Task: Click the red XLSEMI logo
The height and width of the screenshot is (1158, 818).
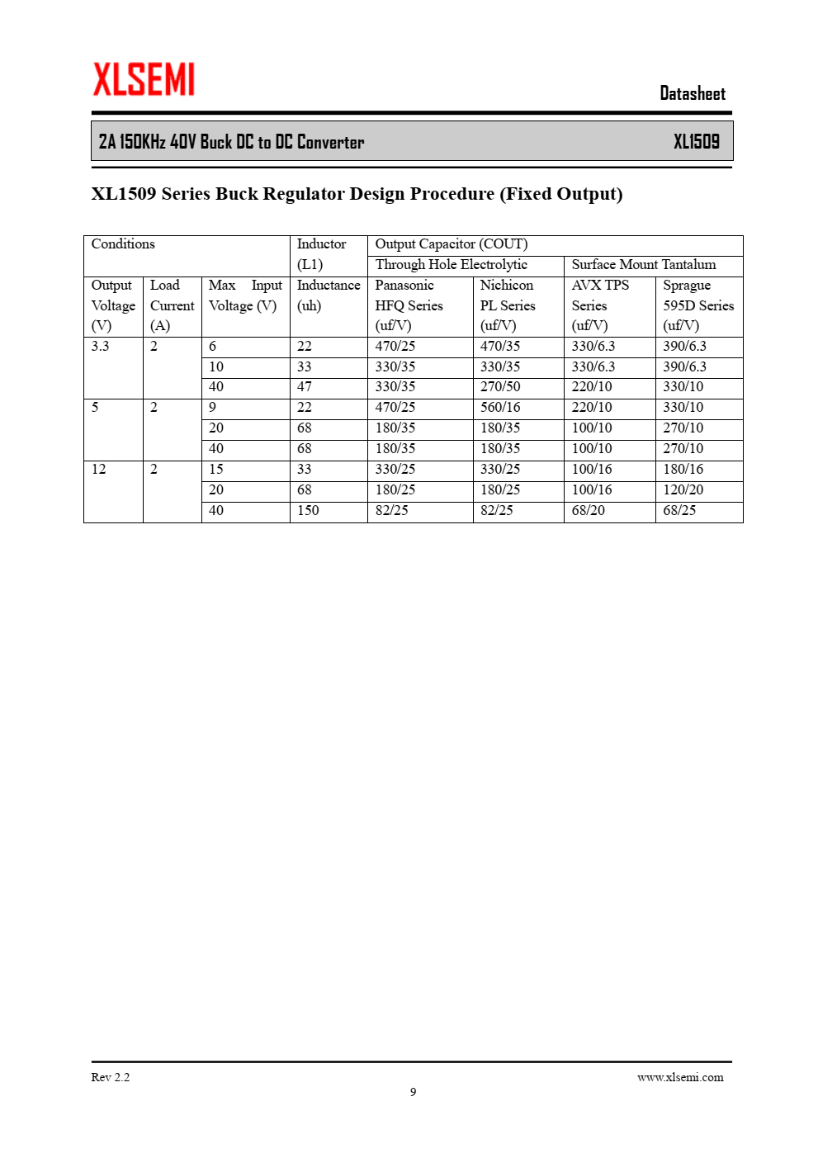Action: coord(144,79)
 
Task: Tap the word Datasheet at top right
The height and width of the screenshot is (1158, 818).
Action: coord(692,93)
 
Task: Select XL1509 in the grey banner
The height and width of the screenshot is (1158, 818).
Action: coord(696,142)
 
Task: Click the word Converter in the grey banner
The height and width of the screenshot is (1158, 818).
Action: coord(330,142)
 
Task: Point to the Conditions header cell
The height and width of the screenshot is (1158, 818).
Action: coord(123,244)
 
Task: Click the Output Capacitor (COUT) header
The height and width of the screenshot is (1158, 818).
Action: coord(451,244)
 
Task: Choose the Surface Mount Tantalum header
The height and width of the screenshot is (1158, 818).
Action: coord(643,265)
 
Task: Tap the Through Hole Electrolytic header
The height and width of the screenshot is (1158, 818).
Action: coord(451,265)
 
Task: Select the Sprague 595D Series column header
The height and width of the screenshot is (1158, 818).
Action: coord(697,305)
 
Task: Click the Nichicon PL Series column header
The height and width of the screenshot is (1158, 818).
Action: coord(508,305)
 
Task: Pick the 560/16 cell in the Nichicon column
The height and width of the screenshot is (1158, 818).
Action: coord(500,408)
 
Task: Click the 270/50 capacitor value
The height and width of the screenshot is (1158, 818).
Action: coord(500,387)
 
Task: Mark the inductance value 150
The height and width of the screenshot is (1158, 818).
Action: coord(308,511)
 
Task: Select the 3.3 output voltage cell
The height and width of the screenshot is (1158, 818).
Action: coord(100,347)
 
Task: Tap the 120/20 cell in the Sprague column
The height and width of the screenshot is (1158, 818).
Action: coord(683,490)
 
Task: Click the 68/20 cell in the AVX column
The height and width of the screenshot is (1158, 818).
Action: coord(588,511)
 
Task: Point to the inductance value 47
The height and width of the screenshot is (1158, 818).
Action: coord(305,387)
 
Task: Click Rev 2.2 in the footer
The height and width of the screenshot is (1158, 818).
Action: coord(110,1077)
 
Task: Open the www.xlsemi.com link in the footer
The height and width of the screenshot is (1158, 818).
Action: coord(679,1077)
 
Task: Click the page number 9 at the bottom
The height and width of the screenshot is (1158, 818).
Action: coord(413,1092)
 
